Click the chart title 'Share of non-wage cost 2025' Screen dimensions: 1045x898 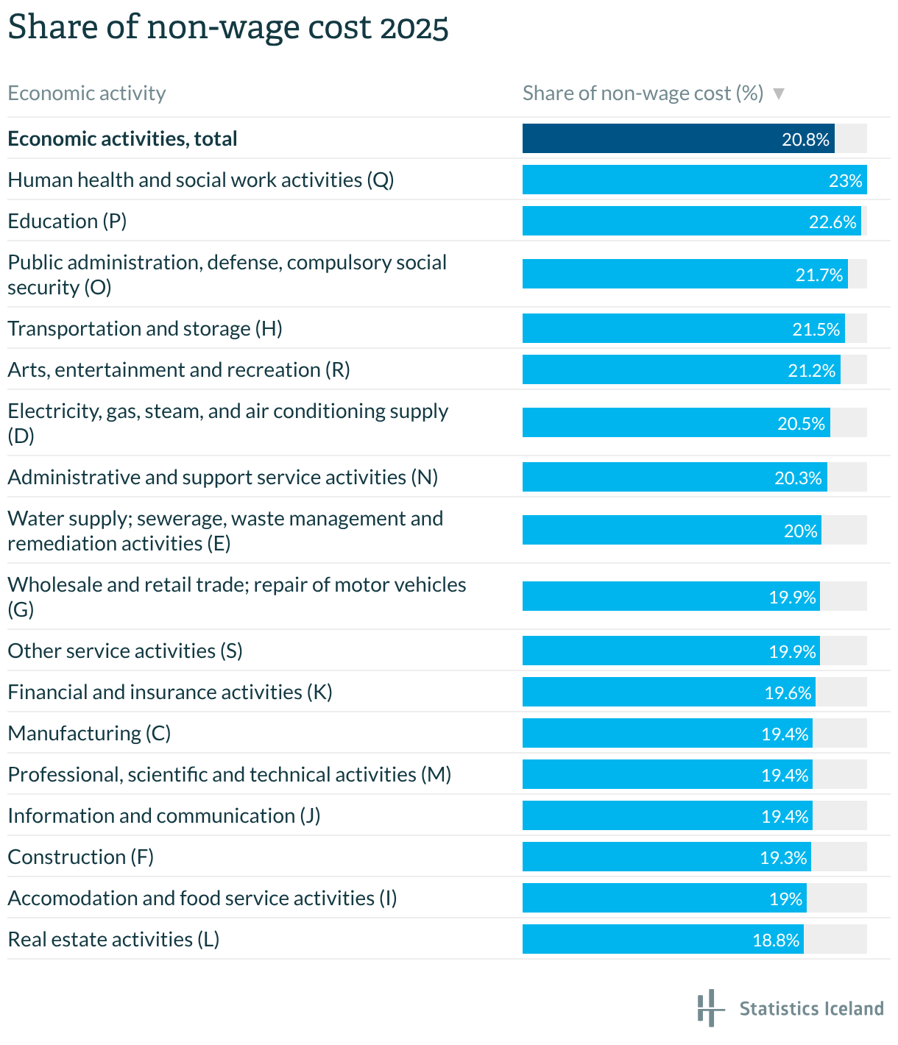pos(228,28)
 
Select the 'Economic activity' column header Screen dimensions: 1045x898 pos(87,93)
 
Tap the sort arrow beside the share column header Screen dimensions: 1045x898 pos(779,94)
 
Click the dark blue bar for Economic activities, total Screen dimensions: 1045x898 pos(677,138)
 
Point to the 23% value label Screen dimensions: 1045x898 pos(845,181)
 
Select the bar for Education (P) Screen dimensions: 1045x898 pos(690,221)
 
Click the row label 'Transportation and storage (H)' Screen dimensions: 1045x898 pos(145,328)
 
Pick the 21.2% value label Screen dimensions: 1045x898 pos(812,370)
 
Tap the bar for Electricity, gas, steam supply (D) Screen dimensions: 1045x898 pos(676,422)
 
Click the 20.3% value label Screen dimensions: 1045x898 pos(798,478)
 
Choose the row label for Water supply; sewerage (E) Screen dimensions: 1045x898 pos(225,531)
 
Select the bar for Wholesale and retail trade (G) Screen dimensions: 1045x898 pos(671,596)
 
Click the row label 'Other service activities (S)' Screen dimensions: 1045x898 pos(125,651)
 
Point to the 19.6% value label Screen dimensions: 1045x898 pos(788,693)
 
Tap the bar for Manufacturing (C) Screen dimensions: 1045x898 pos(667,733)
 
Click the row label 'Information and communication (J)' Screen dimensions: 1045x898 pos(164,815)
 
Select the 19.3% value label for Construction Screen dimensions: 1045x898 pos(783,858)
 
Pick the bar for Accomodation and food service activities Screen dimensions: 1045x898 pos(664,898)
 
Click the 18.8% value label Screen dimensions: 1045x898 pos(776,940)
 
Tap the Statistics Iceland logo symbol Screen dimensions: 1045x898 pos(707,1007)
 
